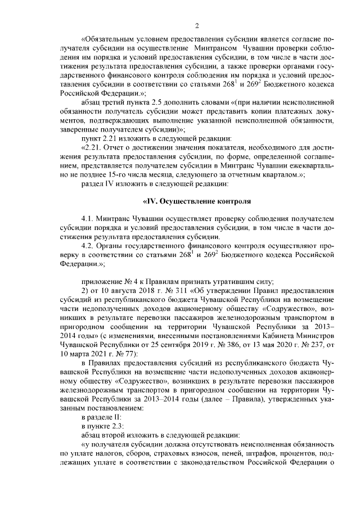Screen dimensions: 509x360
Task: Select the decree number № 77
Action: point(119,339)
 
